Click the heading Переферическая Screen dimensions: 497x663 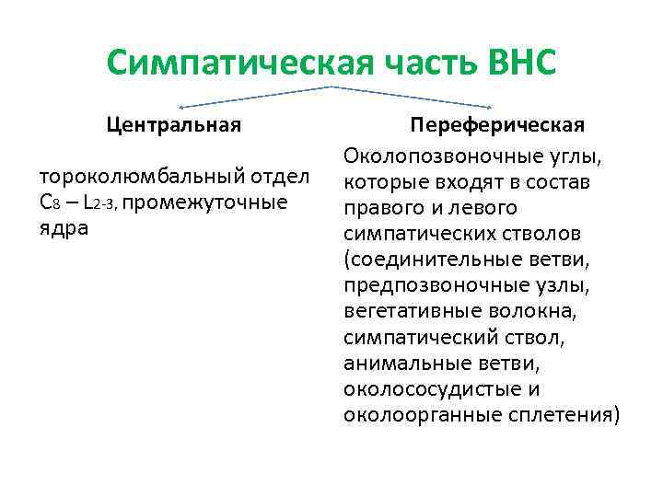(x=497, y=124)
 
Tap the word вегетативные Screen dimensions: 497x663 (x=408, y=312)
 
